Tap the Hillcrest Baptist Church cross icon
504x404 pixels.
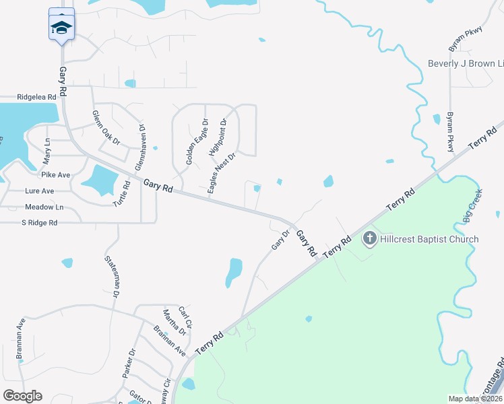pyautogui.click(x=369, y=238)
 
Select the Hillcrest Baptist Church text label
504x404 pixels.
pyautogui.click(x=429, y=239)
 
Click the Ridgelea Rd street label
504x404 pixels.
pyautogui.click(x=36, y=97)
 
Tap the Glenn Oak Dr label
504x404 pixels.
pyautogui.click(x=106, y=128)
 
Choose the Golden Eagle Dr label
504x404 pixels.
pyautogui.click(x=198, y=142)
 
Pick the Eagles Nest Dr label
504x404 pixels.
pyautogui.click(x=222, y=174)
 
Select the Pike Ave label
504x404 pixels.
pyautogui.click(x=56, y=175)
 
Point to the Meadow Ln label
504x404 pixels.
pyautogui.click(x=44, y=207)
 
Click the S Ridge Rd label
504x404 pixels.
pyautogui.click(x=39, y=222)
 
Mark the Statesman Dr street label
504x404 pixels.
pyautogui.click(x=111, y=277)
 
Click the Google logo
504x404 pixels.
pyautogui.click(x=22, y=395)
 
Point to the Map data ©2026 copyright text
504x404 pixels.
pyautogui.click(x=476, y=399)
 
